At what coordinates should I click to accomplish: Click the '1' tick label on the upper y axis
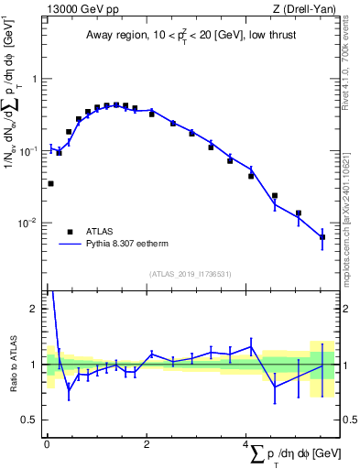(x=35, y=79)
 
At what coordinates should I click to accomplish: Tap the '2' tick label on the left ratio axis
(x=35, y=309)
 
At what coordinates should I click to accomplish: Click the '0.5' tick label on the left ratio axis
(x=30, y=420)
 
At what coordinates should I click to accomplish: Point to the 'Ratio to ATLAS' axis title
(x=12, y=364)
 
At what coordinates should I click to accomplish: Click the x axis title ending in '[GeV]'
(x=289, y=455)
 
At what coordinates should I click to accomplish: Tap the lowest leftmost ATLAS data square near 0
(x=50, y=183)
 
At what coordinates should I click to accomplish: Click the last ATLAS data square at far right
(x=322, y=237)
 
